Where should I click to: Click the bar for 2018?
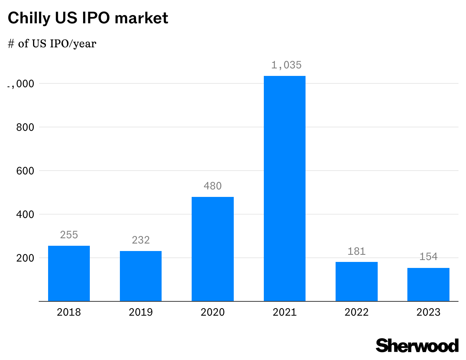(x=69, y=274)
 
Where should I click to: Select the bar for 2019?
(x=141, y=276)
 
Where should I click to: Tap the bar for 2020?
(x=213, y=249)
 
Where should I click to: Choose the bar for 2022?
(x=356, y=281)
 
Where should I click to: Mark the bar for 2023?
(x=428, y=284)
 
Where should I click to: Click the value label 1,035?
(x=286, y=65)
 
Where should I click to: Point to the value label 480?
(x=213, y=186)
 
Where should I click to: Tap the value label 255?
(x=69, y=235)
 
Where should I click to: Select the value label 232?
(x=141, y=240)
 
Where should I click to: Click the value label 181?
(x=356, y=251)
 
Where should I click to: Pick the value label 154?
(x=428, y=257)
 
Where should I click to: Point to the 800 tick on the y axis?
(x=25, y=127)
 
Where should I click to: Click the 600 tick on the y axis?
(x=25, y=171)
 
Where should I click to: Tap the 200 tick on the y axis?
(x=25, y=258)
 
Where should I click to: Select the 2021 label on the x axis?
(x=284, y=312)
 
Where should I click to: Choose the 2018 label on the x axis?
(x=69, y=312)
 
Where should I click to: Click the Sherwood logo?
(x=417, y=345)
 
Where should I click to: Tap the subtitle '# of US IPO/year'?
(x=52, y=44)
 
